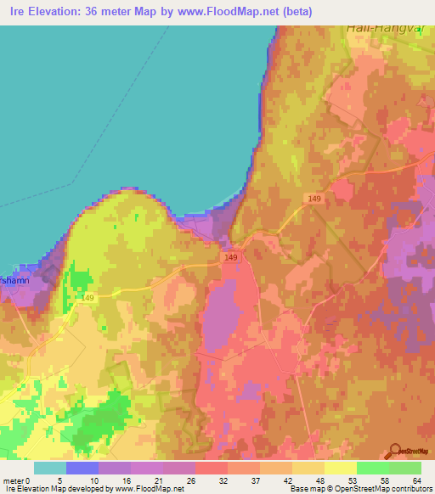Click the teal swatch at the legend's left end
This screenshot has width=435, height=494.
coord(50,468)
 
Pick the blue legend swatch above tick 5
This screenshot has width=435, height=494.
coord(82,468)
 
